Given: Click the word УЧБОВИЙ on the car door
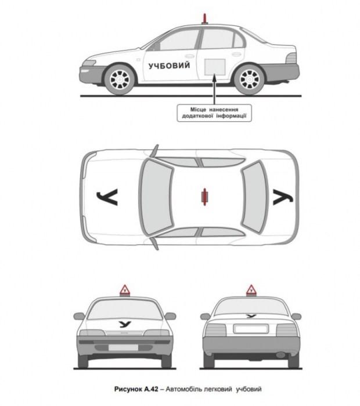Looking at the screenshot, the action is point(169,66).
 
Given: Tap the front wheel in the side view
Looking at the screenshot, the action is point(120,79).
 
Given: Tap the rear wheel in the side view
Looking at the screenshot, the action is point(249,79).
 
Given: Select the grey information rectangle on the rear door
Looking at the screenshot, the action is point(215,67).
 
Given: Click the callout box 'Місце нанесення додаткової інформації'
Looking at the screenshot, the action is point(214,113).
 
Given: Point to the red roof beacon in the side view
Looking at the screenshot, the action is point(205,19).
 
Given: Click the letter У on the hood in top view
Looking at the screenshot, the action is point(107,197).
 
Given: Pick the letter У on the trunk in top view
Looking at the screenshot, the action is point(283,197).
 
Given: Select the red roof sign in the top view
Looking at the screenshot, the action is point(205,197).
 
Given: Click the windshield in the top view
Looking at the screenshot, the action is point(156,197).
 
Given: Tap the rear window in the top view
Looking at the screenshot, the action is point(255,197).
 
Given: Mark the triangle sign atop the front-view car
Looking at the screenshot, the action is point(125,290).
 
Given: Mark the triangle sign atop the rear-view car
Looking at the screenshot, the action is point(251,290).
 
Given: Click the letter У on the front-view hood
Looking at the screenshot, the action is point(125,324).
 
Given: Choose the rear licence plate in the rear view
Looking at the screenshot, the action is point(251,329).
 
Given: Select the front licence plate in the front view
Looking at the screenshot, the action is point(123,347).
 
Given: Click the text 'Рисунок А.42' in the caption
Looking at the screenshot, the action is point(136,389).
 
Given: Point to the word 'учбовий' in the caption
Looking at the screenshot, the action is point(249,389).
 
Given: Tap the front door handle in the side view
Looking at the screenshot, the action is point(189,56).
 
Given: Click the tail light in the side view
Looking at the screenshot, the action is point(291,58).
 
